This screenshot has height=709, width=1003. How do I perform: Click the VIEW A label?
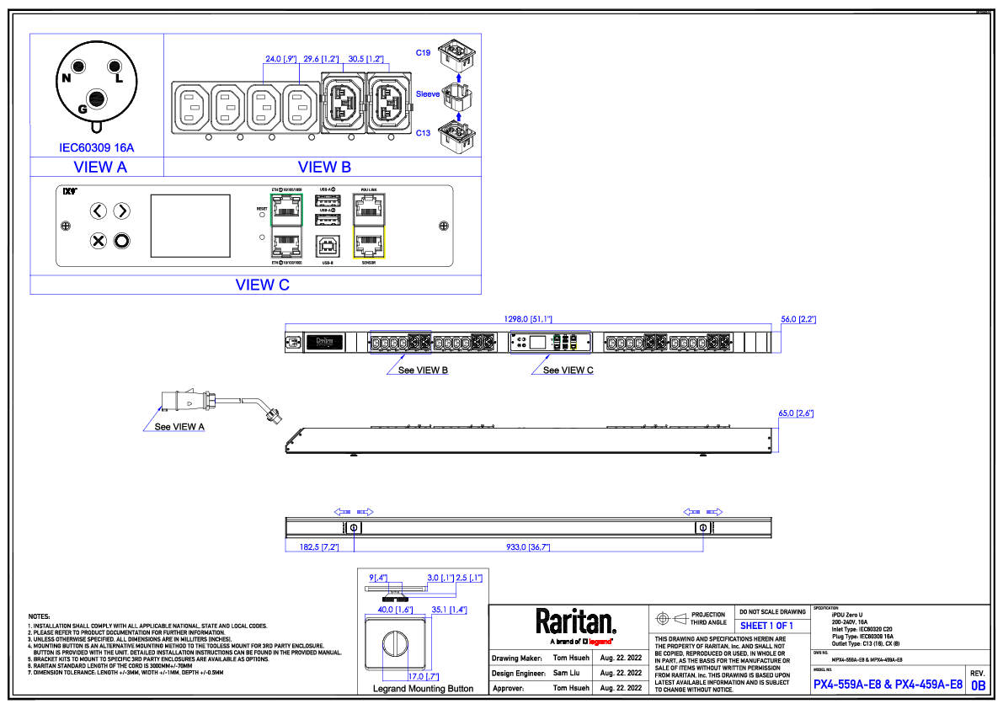coord(100,167)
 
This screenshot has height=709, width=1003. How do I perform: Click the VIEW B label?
coord(324,167)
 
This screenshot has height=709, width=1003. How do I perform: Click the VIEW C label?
coord(262,285)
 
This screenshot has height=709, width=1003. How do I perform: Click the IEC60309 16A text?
coord(97,147)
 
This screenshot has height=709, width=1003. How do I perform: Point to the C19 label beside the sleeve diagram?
coord(424,53)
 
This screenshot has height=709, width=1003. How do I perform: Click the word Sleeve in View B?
coord(427,93)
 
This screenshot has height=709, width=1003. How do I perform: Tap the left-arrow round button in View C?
coord(99,211)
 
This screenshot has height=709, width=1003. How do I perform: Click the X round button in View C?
coord(99,242)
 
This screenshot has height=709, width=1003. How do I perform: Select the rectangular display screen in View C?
coord(190,226)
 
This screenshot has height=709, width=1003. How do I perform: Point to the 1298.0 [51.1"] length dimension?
coord(528,319)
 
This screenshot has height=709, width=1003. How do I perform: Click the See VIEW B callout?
coord(423,370)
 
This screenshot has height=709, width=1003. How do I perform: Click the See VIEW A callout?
coord(179,427)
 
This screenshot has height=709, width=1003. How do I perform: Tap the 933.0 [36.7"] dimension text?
coord(527,547)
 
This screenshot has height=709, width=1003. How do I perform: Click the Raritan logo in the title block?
coord(576,622)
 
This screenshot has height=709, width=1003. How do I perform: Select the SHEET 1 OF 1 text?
coord(766,626)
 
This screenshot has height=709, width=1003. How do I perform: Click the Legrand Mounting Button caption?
coord(423,688)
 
